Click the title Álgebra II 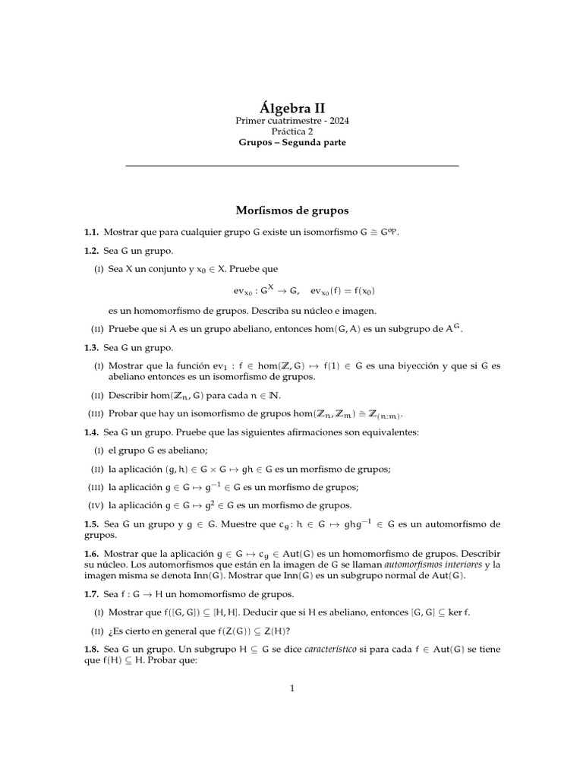(x=291, y=108)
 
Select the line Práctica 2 (x=291, y=131)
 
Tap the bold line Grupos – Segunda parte (x=291, y=143)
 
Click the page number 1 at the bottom (x=291, y=689)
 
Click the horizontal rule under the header (x=291, y=166)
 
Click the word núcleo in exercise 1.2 (x=301, y=310)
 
